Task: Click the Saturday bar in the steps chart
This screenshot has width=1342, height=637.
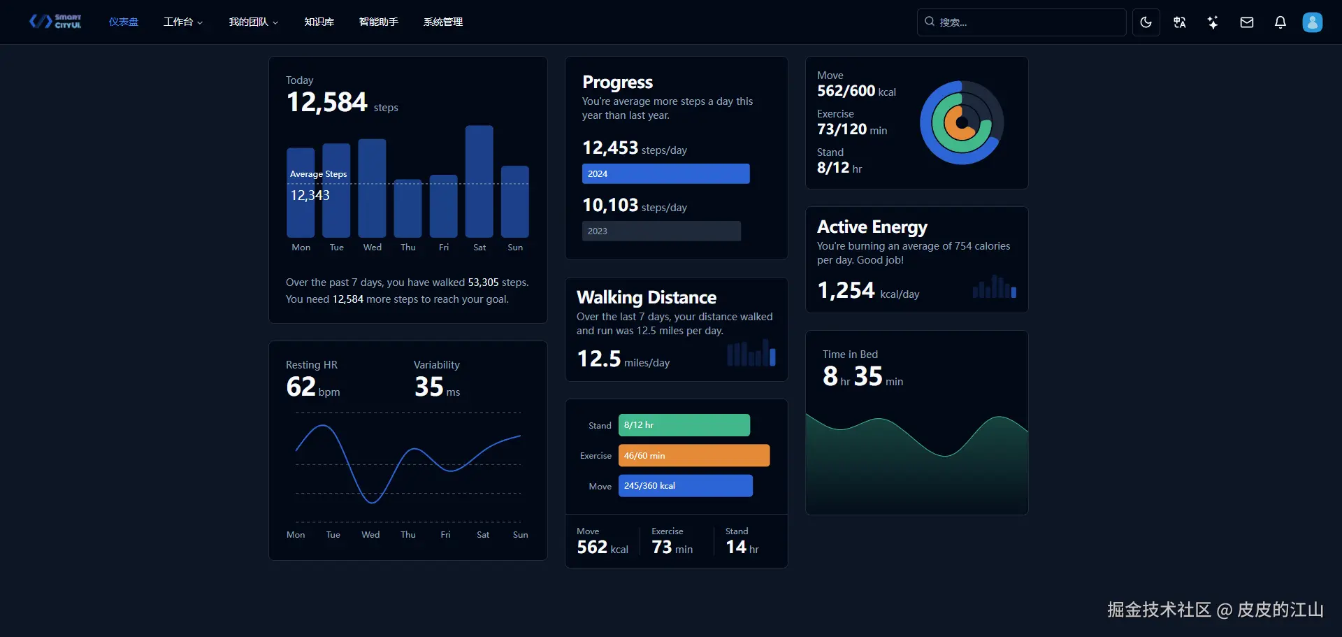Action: click(479, 182)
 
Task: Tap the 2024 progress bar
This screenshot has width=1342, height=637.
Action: click(665, 174)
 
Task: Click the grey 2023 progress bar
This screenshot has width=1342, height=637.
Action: click(661, 231)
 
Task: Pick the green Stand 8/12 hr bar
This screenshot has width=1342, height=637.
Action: click(684, 425)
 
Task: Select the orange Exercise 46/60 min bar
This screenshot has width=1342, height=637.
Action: click(693, 456)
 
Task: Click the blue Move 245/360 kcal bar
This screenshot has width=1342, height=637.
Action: click(685, 486)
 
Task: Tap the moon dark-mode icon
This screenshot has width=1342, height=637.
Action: click(1146, 22)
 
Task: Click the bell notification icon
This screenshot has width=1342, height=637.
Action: click(1280, 22)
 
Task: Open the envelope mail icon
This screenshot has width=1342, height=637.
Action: click(1246, 22)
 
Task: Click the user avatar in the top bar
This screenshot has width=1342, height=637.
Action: click(1312, 22)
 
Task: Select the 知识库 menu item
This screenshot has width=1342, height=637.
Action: click(319, 22)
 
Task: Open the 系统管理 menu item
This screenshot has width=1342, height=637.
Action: click(442, 22)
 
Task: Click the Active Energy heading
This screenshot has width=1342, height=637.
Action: click(872, 227)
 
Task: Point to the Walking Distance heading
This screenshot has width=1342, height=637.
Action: click(646, 298)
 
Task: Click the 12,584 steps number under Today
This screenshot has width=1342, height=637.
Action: click(326, 103)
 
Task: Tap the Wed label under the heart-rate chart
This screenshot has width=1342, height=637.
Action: click(370, 535)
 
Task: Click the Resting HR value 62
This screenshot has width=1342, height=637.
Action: click(301, 387)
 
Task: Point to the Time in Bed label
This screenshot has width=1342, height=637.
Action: click(850, 355)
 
